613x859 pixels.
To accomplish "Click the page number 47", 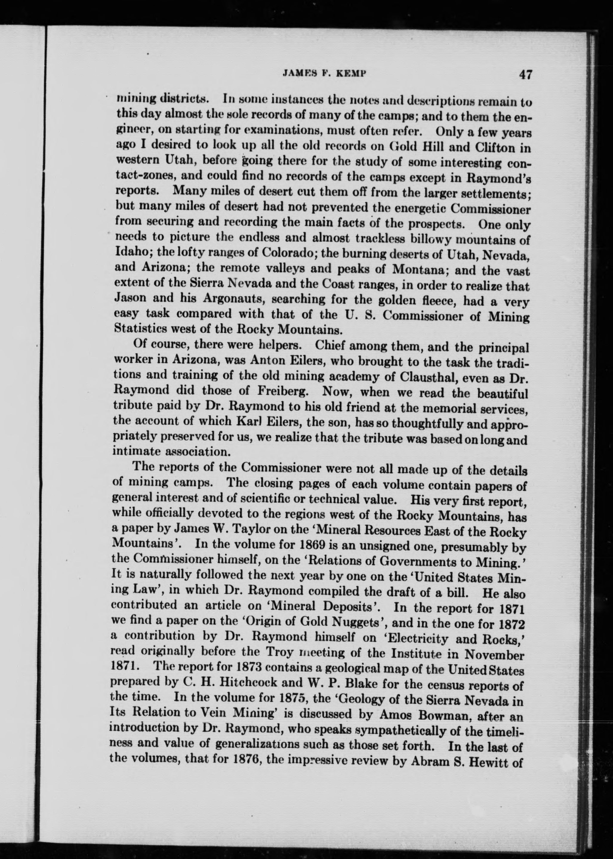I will click(525, 75).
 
